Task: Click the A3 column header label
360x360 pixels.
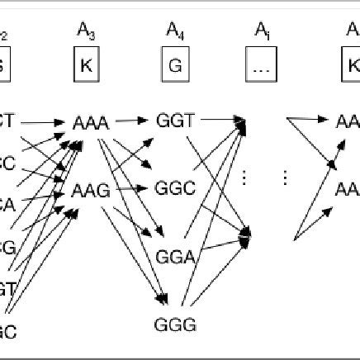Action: click(x=85, y=34)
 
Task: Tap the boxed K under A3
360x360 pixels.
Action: click(x=85, y=64)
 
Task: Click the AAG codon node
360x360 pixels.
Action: click(x=91, y=191)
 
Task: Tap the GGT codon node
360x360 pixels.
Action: click(x=175, y=121)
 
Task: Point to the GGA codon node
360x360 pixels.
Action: click(x=175, y=258)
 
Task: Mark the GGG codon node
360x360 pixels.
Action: click(x=175, y=324)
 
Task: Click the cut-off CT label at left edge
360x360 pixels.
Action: click(x=7, y=121)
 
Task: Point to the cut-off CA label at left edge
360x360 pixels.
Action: click(x=7, y=202)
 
